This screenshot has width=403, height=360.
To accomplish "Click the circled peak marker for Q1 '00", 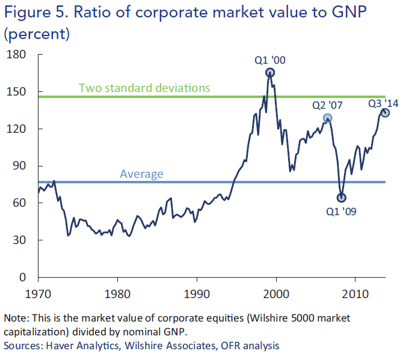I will [270, 73].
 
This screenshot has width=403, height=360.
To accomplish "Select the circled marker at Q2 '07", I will [327, 118].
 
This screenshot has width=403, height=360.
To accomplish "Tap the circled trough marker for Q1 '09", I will [342, 197].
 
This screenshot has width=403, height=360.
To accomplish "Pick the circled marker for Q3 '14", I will [385, 112].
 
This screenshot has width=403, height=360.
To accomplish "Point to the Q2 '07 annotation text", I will [327, 105].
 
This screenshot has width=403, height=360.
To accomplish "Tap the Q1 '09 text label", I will [341, 211].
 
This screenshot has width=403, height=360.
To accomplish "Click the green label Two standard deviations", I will [144, 88].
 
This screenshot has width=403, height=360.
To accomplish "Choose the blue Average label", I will [141, 174].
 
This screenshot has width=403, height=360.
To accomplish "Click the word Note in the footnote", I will [16, 317].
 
